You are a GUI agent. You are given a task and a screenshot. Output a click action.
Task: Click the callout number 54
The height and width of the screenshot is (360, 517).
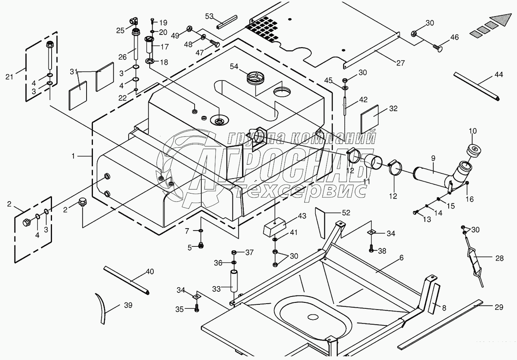234,67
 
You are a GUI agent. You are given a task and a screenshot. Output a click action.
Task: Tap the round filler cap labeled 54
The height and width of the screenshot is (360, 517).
255,78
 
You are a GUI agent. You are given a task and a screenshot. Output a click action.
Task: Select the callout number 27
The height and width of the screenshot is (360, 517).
401,63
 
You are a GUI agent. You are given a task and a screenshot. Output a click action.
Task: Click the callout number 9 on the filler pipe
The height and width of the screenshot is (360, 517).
433,158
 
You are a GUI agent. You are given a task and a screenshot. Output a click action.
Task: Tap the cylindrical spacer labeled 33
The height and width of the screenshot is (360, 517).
234,281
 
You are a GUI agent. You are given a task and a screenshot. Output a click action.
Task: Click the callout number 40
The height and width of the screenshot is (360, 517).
150,271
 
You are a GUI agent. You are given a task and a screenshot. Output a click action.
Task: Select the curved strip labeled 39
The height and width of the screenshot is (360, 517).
101,308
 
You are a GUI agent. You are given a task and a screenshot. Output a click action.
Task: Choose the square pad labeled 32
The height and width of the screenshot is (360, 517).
370,120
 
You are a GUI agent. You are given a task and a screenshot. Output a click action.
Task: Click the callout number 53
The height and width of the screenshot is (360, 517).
209,16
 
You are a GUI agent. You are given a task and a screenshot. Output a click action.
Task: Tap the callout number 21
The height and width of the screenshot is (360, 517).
9,77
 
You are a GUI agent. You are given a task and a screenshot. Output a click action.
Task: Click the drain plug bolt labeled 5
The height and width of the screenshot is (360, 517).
201,246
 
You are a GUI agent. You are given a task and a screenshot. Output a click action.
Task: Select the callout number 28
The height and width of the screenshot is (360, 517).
500,258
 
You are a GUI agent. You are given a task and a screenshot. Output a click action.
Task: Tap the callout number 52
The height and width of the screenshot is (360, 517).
346,212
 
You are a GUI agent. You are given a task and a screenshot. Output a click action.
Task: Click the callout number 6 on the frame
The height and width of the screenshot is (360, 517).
401,258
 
